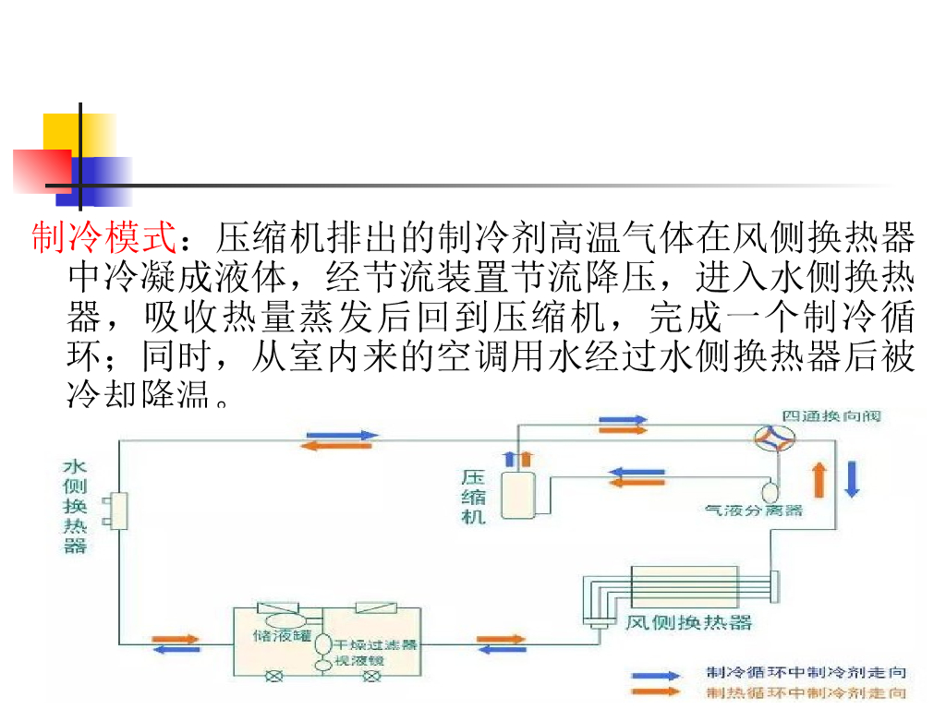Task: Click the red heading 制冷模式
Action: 103,239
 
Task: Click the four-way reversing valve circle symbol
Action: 774,439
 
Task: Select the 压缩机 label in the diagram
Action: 473,497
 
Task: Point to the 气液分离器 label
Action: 753,510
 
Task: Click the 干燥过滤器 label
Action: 375,643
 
